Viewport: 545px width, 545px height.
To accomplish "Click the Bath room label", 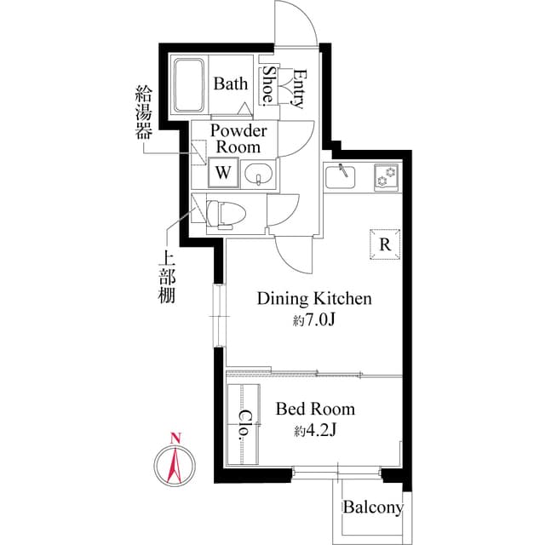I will point(231,83).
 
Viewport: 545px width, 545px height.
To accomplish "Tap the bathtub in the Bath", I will point(191,85).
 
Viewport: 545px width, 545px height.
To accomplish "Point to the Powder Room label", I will point(238,139).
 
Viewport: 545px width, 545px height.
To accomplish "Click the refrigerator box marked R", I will point(385,244).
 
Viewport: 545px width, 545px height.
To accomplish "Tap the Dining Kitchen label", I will point(314,299).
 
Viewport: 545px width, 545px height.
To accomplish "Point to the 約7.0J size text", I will point(314,321).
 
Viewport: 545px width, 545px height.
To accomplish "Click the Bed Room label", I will point(315,409).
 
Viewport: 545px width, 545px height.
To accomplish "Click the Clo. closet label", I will point(244,422).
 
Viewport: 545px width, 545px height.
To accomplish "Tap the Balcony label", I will point(372,508).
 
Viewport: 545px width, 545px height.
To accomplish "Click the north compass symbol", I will point(175,463).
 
